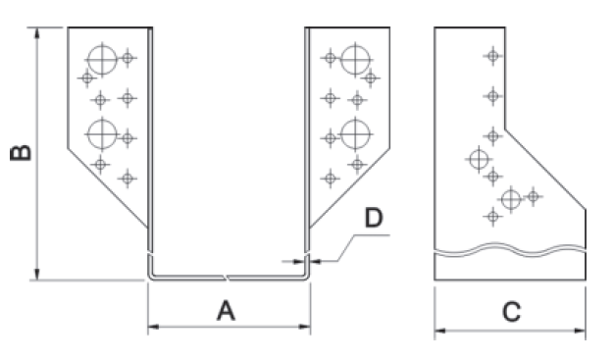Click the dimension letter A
coord(226,311)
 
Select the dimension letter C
coord(511,312)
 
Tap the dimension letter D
coord(374,218)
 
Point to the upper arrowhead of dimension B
coord(37,33)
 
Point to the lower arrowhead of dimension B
coord(37,275)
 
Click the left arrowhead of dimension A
coord(154,327)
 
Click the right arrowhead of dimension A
coord(305,327)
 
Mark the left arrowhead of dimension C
coord(440,331)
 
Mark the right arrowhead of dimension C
coord(580,331)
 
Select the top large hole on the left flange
coord(102,60)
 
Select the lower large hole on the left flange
coord(102,134)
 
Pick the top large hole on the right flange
coord(355,60)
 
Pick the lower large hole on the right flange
coord(355,134)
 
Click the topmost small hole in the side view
coord(492,56)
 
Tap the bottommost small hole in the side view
coord(492,216)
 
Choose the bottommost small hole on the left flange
coord(128,179)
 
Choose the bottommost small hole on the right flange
coord(330,179)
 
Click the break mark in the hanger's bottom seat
coord(226,278)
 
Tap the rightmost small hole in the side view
coord(533,196)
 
